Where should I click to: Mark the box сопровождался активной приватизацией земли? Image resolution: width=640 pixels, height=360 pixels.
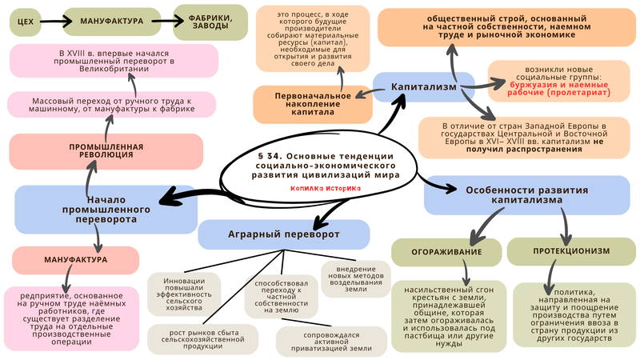(x=332, y=342)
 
